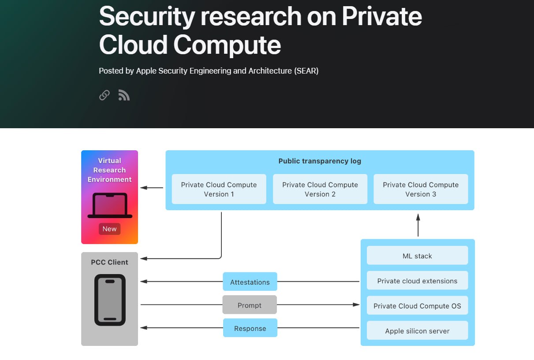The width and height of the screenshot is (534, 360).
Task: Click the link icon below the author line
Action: coord(105,95)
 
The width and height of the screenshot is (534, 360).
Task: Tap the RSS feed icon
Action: coord(124,95)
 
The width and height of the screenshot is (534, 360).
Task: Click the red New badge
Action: coord(109,229)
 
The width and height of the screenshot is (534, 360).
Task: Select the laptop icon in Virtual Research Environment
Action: coord(110,205)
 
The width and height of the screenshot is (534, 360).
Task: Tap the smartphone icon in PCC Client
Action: coord(110,300)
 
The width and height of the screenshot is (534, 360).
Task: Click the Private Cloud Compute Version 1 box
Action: coord(219,189)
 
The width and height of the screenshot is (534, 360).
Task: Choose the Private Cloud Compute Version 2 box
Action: coord(320,189)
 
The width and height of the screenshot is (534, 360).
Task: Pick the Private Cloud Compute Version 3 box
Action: coord(421,189)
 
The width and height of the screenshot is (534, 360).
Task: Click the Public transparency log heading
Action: coord(320,161)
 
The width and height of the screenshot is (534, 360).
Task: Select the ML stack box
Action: coord(417,256)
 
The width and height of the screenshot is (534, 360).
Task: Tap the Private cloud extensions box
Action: coord(417,281)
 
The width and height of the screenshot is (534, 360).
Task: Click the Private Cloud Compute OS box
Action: coord(417,306)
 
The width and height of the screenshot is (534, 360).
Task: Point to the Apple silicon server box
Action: coord(417,330)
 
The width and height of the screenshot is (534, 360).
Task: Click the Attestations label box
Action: coord(250,282)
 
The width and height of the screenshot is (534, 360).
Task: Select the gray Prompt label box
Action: coord(250,305)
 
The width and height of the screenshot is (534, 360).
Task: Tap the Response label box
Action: coord(250,328)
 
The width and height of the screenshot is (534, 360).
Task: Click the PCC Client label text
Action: coord(109,262)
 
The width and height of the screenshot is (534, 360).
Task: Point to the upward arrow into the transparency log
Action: coord(418,224)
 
